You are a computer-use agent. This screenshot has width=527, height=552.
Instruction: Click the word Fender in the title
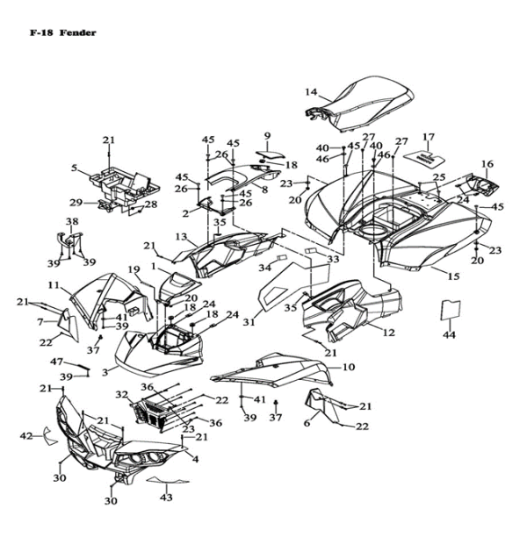78,32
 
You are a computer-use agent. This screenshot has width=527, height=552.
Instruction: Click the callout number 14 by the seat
311,91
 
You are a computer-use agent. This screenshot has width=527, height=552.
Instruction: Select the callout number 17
429,137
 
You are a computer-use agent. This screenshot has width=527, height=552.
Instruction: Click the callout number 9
268,135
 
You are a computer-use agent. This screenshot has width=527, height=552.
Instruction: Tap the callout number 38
71,221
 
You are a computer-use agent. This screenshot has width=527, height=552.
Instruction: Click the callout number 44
450,335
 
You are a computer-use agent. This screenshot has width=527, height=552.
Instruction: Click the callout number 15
453,276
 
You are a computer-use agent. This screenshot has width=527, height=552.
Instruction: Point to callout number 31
249,322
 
